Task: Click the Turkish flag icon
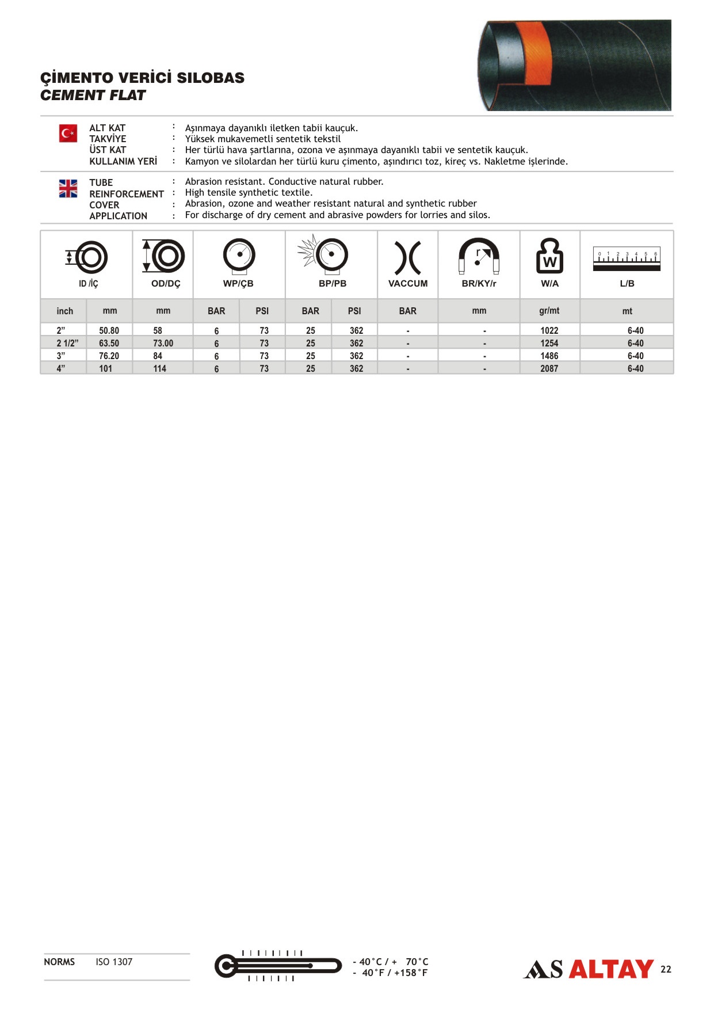pos(68,134)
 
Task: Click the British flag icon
pos(68,188)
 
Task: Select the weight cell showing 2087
pos(549,368)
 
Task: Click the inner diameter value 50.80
pos(109,330)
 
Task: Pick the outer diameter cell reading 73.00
pos(163,343)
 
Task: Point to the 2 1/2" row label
pos(67,343)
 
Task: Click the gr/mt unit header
pos(549,311)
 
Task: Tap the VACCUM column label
pos(408,283)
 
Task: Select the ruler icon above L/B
pos(627,259)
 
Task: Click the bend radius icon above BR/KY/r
pos(479,256)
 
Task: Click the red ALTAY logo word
pos(611,969)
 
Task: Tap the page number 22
pos(666,969)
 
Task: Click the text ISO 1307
pos(114,962)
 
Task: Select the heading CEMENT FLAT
pos(93,96)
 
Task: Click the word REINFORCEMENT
pos(127,194)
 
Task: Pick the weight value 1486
pos(549,356)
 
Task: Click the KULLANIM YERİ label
pos(123,161)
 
